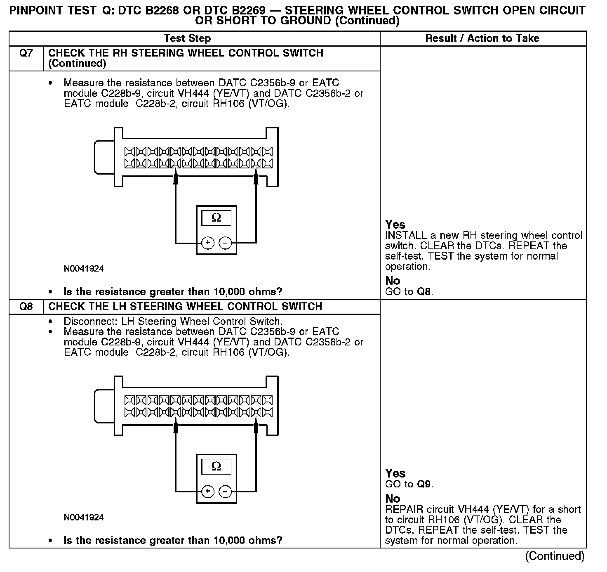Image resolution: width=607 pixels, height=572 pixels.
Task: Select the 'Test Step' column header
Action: point(187,38)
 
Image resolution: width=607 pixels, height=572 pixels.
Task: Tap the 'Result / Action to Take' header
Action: point(482,38)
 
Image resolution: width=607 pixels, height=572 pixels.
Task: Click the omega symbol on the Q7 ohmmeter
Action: point(216,217)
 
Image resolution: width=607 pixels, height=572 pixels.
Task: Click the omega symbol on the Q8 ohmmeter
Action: point(216,466)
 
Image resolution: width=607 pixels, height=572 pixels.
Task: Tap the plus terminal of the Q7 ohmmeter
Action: point(208,243)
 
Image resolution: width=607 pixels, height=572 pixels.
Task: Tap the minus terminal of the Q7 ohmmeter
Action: point(225,243)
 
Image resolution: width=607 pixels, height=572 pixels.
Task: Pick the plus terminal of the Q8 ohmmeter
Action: point(208,492)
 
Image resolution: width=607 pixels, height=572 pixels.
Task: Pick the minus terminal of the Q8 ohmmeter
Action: point(225,492)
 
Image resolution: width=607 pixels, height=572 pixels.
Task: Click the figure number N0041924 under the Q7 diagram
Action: point(84,269)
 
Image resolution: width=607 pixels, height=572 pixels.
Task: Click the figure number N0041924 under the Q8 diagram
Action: point(84,518)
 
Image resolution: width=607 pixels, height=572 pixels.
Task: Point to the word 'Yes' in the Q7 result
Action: point(395,225)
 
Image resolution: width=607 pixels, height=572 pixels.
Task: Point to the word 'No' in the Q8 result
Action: point(393,499)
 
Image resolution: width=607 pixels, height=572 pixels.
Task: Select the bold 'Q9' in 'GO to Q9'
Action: point(424,484)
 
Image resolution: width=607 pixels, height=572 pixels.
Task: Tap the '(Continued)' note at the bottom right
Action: point(555,556)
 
